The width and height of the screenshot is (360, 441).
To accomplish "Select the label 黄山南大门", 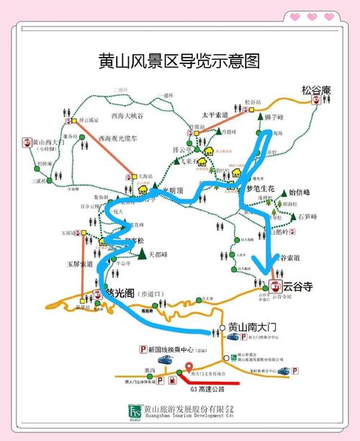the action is tap(251, 327).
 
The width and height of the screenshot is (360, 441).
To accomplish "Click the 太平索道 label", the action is tap(214, 115).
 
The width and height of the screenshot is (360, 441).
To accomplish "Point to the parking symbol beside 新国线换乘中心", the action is tap(143, 349).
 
